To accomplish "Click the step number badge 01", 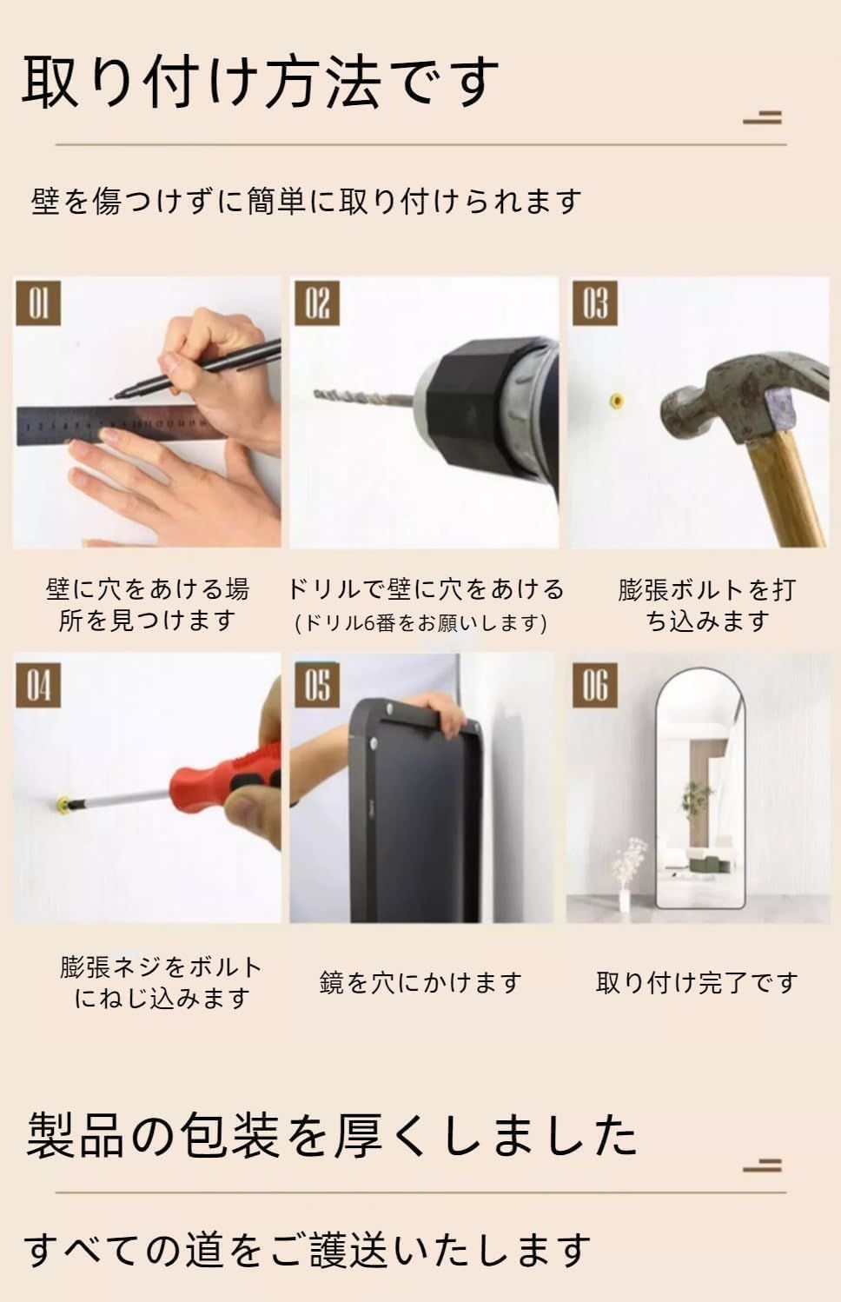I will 38,303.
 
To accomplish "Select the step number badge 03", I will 594,303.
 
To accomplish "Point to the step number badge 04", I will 38,685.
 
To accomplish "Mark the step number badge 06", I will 594,685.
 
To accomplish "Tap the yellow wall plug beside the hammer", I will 616,400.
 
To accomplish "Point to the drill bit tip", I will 320,395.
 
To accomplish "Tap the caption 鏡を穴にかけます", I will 420,983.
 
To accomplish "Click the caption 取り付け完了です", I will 697,983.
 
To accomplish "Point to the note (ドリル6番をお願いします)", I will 421,622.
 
